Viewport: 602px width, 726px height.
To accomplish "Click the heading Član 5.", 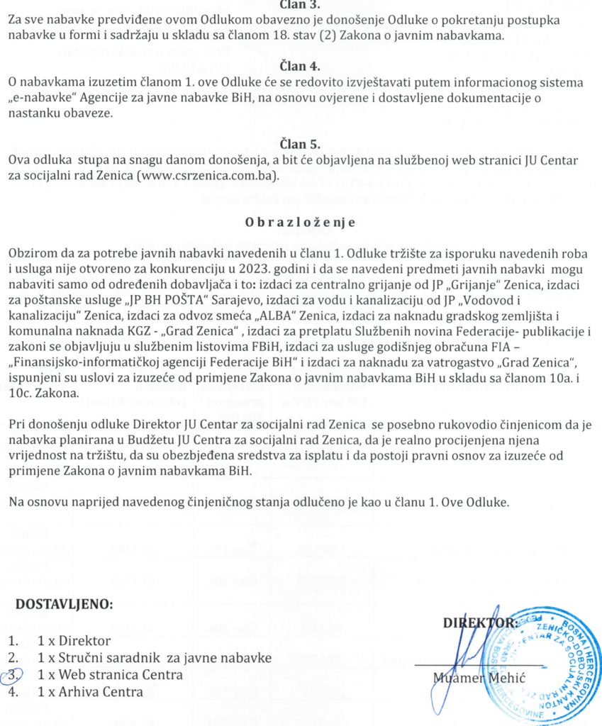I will tap(301, 145).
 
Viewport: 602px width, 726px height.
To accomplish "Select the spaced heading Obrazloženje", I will tap(300, 222).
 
